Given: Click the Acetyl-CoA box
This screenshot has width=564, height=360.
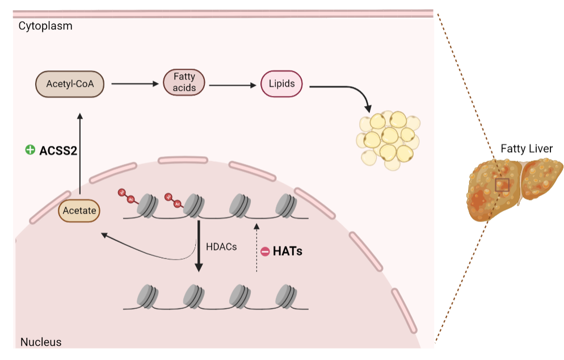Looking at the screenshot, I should tap(70, 84).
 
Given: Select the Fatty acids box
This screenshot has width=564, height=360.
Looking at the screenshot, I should tap(184, 82).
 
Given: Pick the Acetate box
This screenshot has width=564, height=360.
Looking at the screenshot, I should tap(79, 211).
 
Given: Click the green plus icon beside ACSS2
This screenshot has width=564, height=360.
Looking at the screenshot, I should tap(30, 150).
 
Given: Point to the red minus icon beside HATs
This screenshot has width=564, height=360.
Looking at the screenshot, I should tap(265, 251).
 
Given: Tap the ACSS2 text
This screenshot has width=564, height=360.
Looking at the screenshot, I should tap(58, 150).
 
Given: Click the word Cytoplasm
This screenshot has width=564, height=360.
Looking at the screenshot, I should tap(45, 26).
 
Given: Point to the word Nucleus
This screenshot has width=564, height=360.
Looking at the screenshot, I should tap(41, 342).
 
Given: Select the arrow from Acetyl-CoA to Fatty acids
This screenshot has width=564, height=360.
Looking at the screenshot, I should tap(134, 84).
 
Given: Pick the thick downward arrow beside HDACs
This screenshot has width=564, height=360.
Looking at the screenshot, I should tap(199, 247).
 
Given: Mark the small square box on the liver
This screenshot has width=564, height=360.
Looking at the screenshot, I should tap(502, 185).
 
